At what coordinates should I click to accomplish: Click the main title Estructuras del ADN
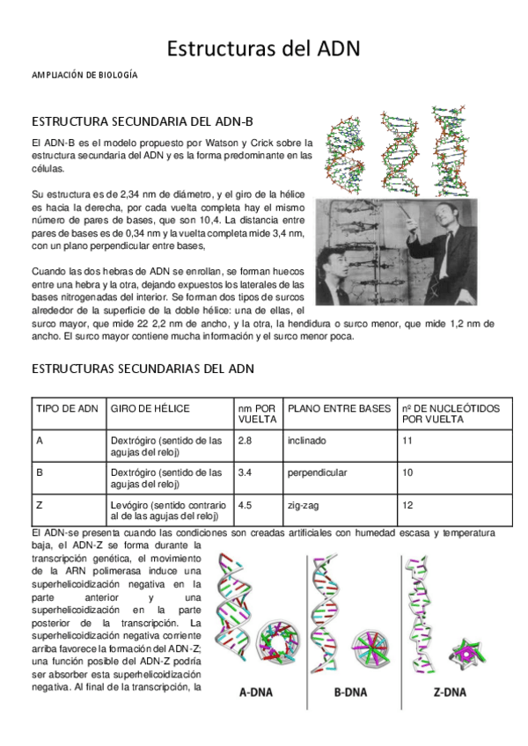pyautogui.click(x=264, y=48)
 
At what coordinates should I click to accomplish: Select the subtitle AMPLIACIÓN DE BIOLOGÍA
pyautogui.click(x=84, y=77)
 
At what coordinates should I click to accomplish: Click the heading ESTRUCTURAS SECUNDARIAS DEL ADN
pyautogui.click(x=143, y=369)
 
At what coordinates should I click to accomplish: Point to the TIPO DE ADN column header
pyautogui.click(x=67, y=408)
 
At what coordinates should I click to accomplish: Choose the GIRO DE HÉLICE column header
pyautogui.click(x=150, y=408)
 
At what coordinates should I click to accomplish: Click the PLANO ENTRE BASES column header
pyautogui.click(x=339, y=408)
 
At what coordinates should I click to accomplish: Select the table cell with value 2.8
pyautogui.click(x=246, y=440)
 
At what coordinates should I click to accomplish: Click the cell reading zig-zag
pyautogui.click(x=304, y=506)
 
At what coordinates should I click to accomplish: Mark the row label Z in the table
pyautogui.click(x=40, y=506)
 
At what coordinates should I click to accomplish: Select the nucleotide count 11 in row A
pyautogui.click(x=407, y=440)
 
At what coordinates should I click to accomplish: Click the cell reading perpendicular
pyautogui.click(x=317, y=472)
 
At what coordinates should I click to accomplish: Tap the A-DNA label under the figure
pyautogui.click(x=256, y=691)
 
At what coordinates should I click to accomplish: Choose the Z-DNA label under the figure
pyautogui.click(x=449, y=691)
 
